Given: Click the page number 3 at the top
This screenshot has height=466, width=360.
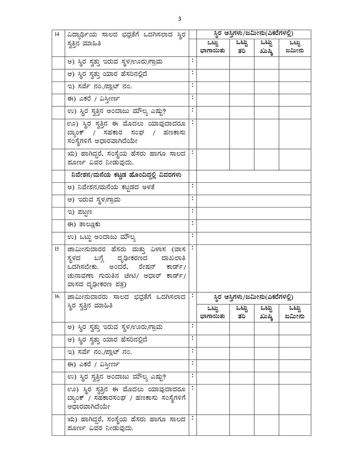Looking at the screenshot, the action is pyautogui.click(x=180, y=18).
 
